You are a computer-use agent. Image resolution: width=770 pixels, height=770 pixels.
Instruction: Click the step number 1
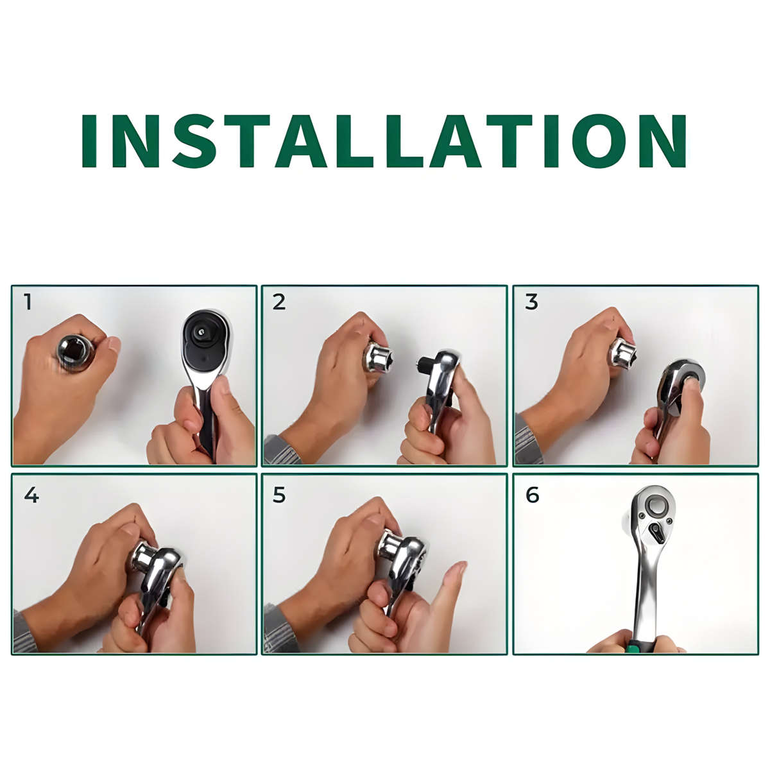point(27,302)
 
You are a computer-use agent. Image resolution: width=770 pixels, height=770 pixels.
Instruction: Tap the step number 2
point(278,302)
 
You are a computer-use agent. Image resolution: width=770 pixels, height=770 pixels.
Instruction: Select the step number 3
point(531,302)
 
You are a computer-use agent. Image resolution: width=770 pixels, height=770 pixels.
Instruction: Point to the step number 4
point(31,495)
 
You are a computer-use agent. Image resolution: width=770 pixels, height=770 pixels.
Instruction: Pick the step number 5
point(278,495)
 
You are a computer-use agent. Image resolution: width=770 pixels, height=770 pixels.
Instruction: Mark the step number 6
point(532,495)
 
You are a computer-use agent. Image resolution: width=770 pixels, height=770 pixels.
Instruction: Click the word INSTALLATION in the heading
point(384,141)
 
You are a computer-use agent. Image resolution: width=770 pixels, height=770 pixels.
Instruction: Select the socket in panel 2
point(377,357)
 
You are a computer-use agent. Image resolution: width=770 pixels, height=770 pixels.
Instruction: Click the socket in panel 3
point(622,353)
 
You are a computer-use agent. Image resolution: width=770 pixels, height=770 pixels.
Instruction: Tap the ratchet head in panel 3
point(681,379)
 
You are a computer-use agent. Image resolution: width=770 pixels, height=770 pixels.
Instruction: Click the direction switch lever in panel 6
point(656,531)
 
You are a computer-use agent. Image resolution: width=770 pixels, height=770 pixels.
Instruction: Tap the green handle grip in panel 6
point(635,646)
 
